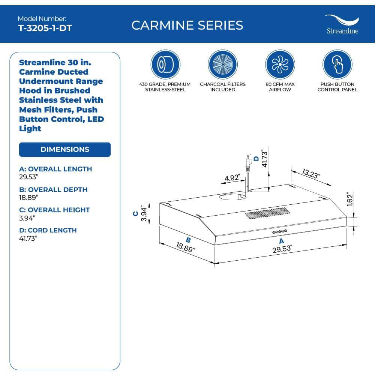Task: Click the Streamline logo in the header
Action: (342, 25)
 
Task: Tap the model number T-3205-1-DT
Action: (45, 28)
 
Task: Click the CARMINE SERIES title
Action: (187, 25)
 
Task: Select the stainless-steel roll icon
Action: (165, 65)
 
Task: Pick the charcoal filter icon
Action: (222, 65)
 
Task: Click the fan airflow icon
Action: (280, 65)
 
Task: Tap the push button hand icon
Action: (337, 65)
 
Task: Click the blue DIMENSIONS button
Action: (65, 149)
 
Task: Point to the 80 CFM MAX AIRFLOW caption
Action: (280, 87)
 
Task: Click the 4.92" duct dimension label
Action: (232, 178)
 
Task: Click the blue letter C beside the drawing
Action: (135, 213)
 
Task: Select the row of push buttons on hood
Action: (279, 231)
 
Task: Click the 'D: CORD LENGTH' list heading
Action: (48, 230)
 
